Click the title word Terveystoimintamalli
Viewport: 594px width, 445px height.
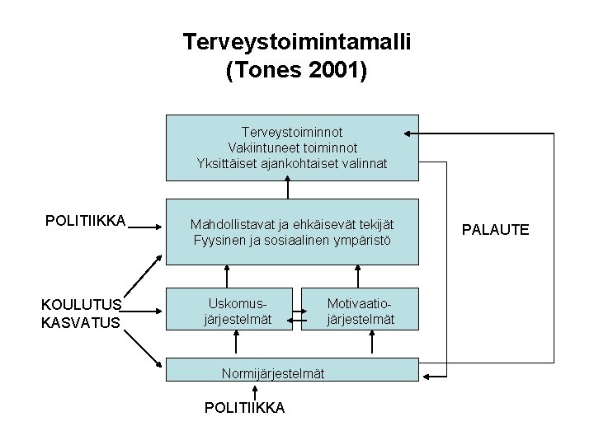[297, 41]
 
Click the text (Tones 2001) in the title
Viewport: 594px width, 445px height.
[297, 71]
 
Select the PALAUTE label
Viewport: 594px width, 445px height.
[495, 229]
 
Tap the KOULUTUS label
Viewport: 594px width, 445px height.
[82, 305]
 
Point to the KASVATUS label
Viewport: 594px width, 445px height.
[81, 322]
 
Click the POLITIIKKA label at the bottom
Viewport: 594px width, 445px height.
[246, 407]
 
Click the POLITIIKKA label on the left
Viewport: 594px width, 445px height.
[85, 220]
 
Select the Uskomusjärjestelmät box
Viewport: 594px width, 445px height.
[230, 308]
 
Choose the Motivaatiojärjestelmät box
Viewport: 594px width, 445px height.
[361, 308]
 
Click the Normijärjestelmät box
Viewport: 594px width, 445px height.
[272, 373]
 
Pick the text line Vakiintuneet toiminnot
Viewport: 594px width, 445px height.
[293, 148]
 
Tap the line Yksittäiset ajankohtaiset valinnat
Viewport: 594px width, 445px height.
[292, 163]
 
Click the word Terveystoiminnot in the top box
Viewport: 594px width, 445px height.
[292, 132]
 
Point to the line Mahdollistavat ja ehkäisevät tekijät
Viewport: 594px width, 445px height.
[292, 224]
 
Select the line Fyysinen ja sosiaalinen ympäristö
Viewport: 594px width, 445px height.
[292, 240]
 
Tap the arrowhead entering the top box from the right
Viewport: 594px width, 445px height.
[408, 133]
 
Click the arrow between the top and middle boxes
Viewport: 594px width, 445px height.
[288, 190]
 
